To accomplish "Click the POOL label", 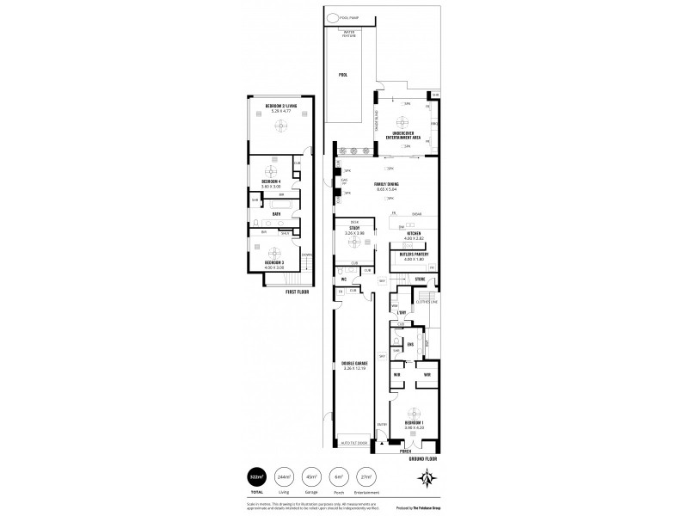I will (342, 75).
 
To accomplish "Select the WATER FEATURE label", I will (347, 34).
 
